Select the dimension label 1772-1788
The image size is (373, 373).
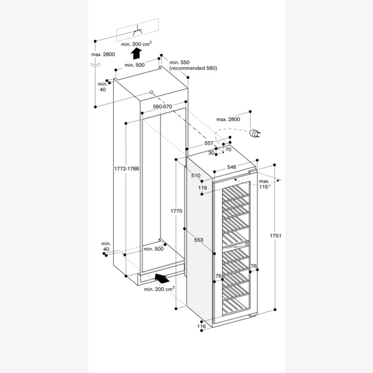tap(126, 169)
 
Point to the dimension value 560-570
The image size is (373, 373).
tap(162, 106)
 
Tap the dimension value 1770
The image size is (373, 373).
tap(176, 211)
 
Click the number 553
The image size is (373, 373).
tap(198, 239)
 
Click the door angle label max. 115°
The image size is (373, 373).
tap(265, 183)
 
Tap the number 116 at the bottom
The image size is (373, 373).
tap(201, 326)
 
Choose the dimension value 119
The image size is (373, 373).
tap(203, 187)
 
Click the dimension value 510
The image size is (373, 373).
tap(196, 176)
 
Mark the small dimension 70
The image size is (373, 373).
tap(228, 149)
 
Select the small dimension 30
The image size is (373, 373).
tap(211, 152)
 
